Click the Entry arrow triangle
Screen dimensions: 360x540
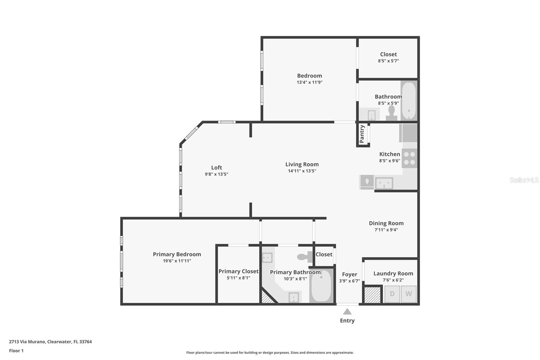click(347, 311)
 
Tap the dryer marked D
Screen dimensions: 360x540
click(392, 294)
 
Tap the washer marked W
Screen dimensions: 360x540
click(408, 294)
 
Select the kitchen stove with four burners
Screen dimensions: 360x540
click(409, 158)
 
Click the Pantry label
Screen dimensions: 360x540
click(362, 134)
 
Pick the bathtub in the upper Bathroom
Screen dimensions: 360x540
click(409, 100)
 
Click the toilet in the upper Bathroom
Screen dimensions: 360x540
click(391, 112)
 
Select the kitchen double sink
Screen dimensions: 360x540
click(384, 183)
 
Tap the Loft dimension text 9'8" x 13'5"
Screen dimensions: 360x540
click(216, 174)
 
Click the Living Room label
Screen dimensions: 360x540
click(302, 164)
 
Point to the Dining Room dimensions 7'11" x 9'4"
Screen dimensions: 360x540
click(386, 230)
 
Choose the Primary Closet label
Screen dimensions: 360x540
click(238, 271)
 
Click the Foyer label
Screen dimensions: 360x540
click(349, 274)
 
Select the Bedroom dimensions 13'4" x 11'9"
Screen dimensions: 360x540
click(309, 82)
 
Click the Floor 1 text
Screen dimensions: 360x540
click(16, 351)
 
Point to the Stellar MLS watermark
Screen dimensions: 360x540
click(524, 180)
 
